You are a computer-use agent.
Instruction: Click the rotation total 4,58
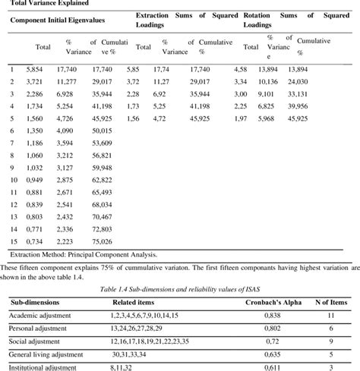click(x=241, y=69)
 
